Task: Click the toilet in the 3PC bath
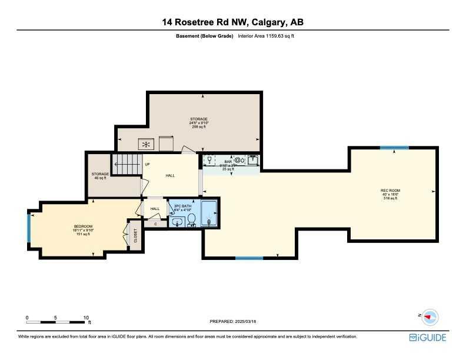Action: click(191, 220)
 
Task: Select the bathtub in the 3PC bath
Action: click(209, 213)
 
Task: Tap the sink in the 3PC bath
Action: click(177, 222)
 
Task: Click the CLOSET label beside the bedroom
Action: click(135, 236)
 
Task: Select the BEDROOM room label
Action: click(84, 227)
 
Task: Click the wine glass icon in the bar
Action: click(209, 159)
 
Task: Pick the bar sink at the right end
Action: click(252, 159)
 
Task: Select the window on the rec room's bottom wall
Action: click(249, 258)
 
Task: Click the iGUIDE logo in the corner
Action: click(428, 337)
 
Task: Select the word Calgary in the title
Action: click(267, 23)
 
